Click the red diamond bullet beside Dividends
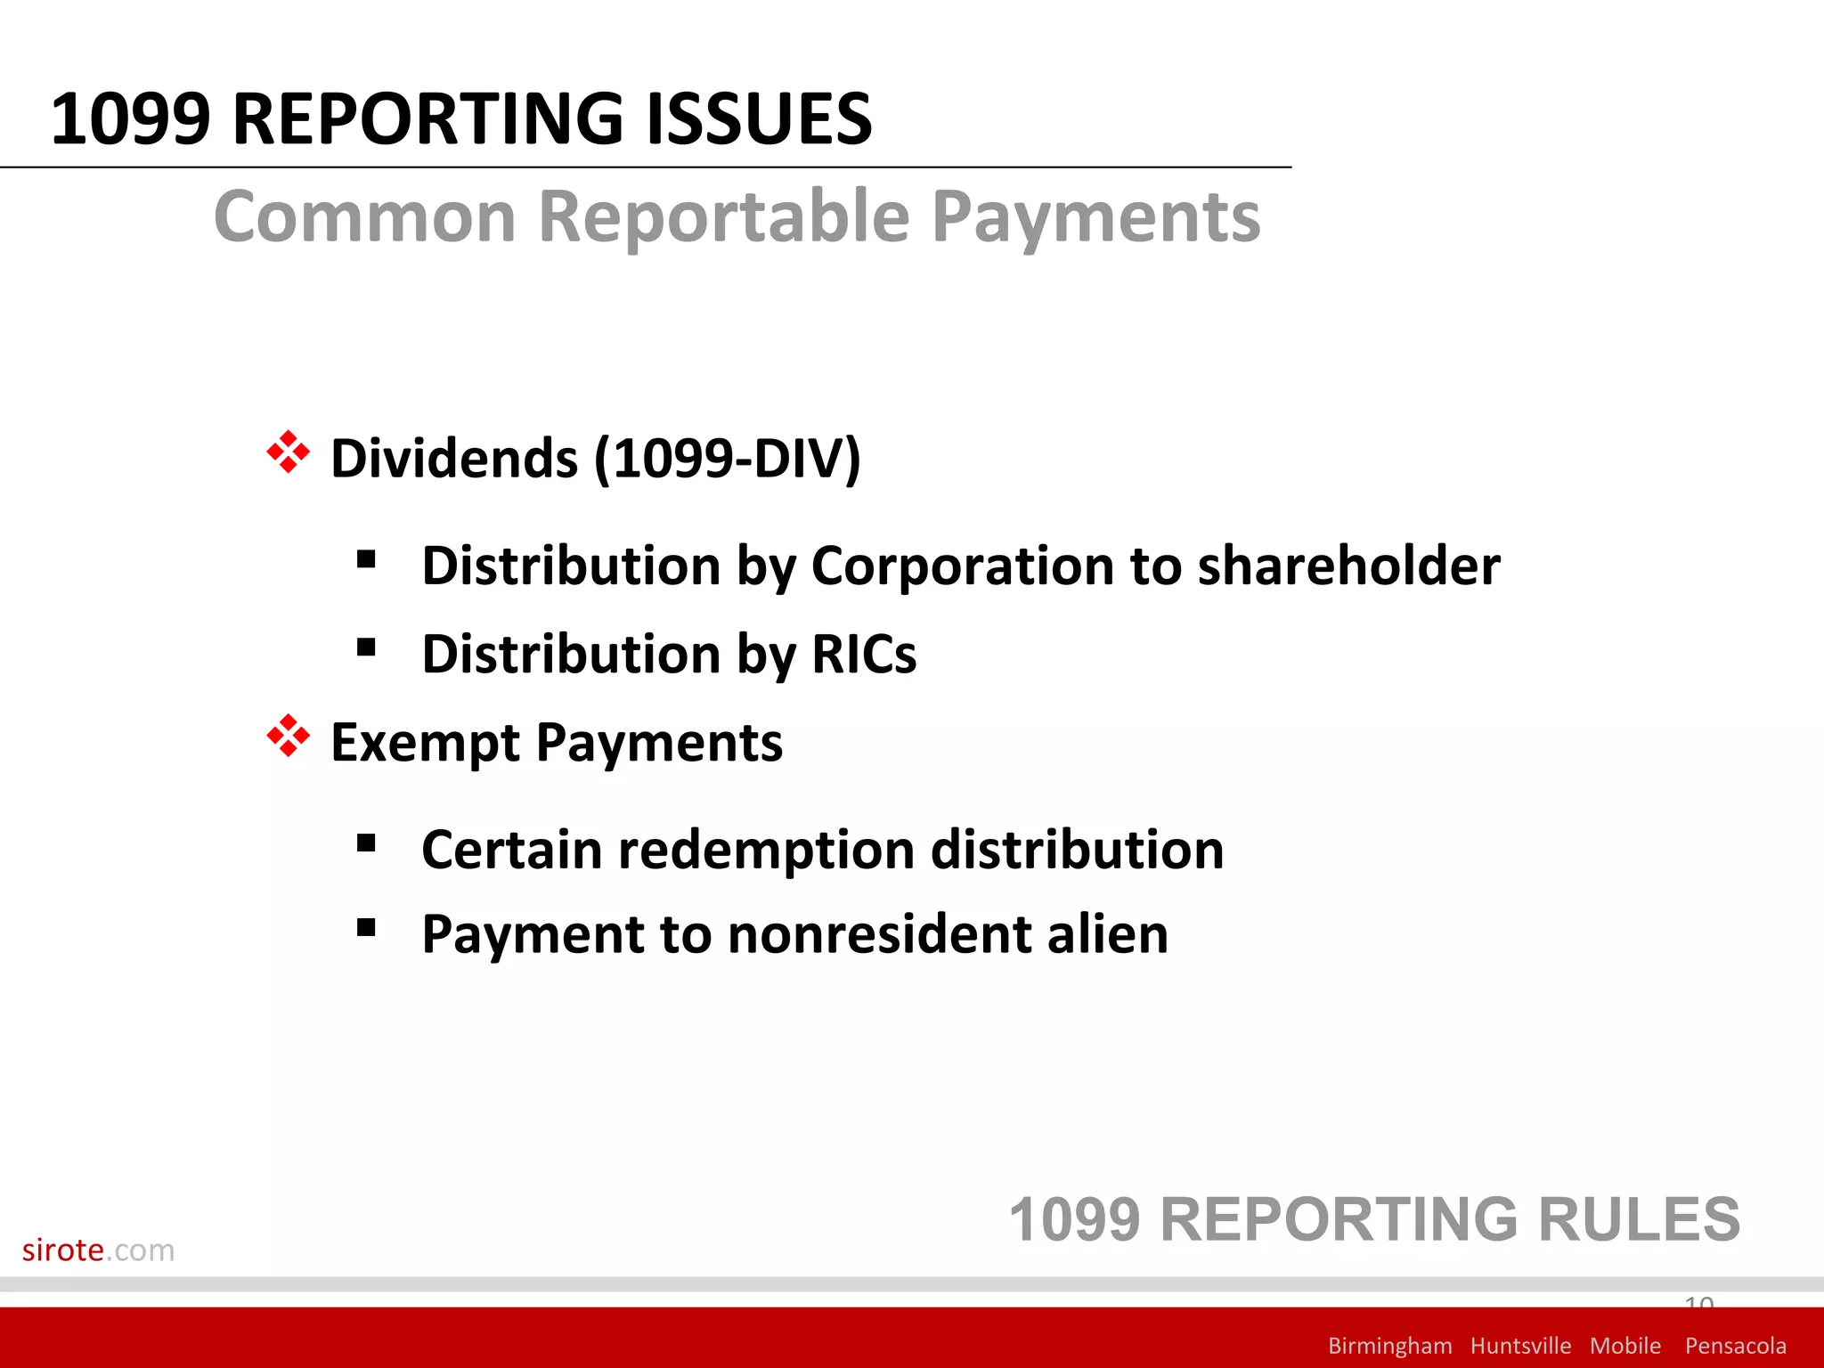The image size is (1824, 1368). click(288, 452)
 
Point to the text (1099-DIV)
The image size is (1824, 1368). click(727, 458)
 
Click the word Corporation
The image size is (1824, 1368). click(963, 566)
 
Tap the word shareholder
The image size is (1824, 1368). click(1348, 566)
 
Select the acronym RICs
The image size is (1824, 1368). click(864, 655)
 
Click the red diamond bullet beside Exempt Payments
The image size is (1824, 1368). click(288, 736)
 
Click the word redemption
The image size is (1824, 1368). click(767, 850)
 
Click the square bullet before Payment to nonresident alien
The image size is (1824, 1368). click(365, 928)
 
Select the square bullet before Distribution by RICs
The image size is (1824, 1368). click(365, 647)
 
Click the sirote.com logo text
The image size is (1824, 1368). click(98, 1250)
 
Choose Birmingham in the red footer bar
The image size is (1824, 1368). click(1389, 1345)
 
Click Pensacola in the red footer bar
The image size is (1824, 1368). click(1735, 1345)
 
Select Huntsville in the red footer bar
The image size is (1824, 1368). click(1520, 1345)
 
